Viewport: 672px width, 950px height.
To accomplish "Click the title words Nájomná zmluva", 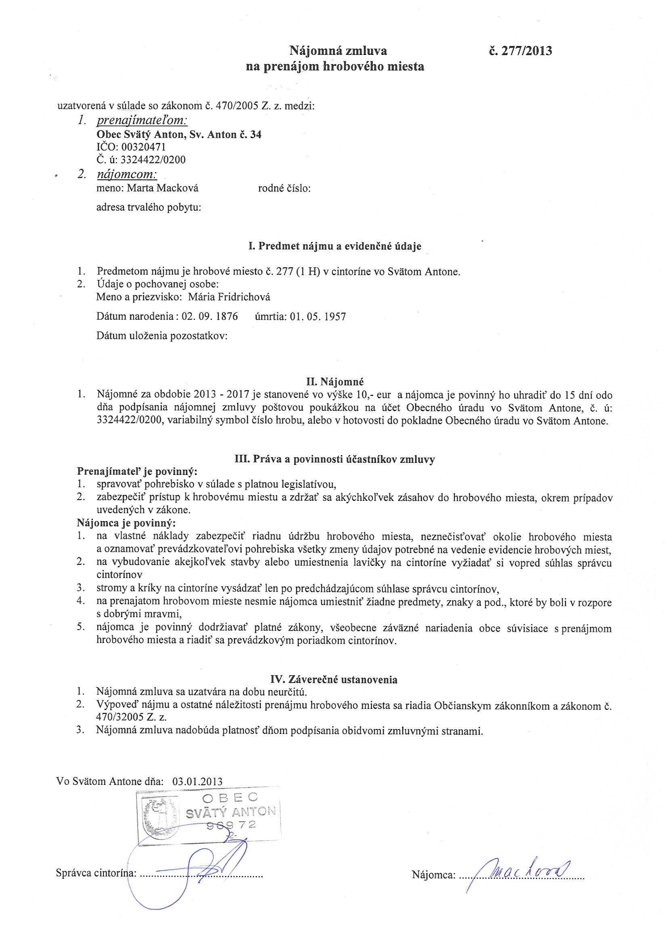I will point(338,51).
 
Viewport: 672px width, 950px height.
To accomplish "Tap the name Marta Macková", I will point(163,189).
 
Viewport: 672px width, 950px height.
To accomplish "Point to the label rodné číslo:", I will point(284,189).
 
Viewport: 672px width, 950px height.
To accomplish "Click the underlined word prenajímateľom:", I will point(142,121).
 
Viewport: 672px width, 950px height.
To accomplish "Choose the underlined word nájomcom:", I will point(127,175).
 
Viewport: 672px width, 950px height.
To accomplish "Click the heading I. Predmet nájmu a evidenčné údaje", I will point(335,246).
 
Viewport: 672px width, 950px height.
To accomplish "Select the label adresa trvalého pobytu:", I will point(149,207).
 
